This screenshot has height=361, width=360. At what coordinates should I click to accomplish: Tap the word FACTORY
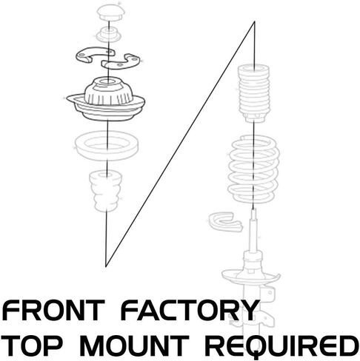[x=190, y=310]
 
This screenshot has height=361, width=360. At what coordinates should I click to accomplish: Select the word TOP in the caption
[x=32, y=345]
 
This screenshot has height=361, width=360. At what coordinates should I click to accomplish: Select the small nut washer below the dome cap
[x=108, y=35]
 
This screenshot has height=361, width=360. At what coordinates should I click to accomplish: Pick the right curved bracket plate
[x=121, y=61]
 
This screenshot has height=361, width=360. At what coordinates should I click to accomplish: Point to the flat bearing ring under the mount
[x=107, y=146]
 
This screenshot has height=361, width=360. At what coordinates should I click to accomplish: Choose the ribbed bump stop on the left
[x=106, y=192]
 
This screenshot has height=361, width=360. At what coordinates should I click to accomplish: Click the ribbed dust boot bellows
[x=254, y=93]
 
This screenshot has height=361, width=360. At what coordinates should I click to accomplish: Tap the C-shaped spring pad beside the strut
[x=224, y=221]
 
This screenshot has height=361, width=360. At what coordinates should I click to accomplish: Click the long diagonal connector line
[x=180, y=144]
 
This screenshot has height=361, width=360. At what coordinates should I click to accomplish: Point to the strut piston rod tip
[x=253, y=210]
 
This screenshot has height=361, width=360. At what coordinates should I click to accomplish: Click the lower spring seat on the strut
[x=250, y=276]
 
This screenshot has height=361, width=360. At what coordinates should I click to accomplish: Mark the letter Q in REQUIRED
[x=273, y=346]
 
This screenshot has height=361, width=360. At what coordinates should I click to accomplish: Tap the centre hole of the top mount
[x=108, y=81]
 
